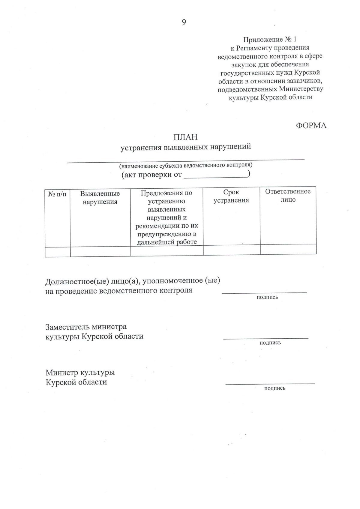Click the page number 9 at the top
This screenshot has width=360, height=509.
pyautogui.click(x=184, y=22)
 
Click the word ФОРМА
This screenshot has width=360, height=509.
pyautogui.click(x=311, y=126)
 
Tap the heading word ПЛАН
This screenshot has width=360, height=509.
pyautogui.click(x=185, y=137)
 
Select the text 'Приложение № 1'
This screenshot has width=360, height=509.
pyautogui.click(x=270, y=40)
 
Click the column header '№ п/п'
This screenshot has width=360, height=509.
pyautogui.click(x=57, y=194)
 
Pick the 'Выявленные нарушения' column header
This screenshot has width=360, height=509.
pyautogui.click(x=100, y=198)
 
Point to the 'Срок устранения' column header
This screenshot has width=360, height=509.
pyautogui.click(x=231, y=196)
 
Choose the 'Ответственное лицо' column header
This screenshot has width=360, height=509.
pyautogui.click(x=288, y=196)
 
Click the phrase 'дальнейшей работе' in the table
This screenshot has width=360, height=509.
pyautogui.click(x=167, y=242)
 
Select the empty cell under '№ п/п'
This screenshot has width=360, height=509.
pyautogui.click(x=58, y=252)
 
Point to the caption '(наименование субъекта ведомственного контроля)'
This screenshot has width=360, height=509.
pyautogui.click(x=186, y=165)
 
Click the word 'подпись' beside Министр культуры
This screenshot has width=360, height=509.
pyautogui.click(x=274, y=388)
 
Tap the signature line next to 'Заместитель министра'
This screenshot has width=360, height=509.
pyautogui.click(x=265, y=338)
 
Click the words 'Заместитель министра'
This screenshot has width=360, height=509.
pyautogui.click(x=86, y=327)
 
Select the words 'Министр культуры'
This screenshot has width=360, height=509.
pyautogui.click(x=80, y=373)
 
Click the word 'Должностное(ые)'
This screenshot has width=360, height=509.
pyautogui.click(x=77, y=282)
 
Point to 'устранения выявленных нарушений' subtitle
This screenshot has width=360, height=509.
pyautogui.click(x=186, y=147)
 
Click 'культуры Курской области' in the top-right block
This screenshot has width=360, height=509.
pyautogui.click(x=270, y=97)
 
